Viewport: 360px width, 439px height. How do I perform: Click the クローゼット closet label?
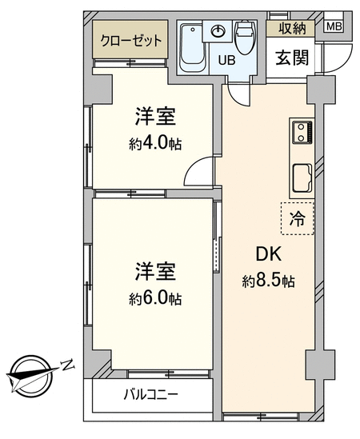point(131,41)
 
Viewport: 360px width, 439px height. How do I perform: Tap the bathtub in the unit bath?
point(192,48)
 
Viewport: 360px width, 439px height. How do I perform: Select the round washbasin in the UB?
point(219,31)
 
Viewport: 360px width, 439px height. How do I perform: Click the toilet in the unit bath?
point(244,37)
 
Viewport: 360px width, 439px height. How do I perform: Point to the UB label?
point(226,60)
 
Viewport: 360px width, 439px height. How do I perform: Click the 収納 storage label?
point(292,28)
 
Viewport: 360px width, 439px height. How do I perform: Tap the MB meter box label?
point(334,26)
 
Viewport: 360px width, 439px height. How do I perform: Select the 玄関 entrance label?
point(292,58)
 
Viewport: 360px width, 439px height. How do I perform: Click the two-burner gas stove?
point(302,132)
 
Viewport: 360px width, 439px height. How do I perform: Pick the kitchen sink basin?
point(302,178)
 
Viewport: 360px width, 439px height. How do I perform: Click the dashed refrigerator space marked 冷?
point(298,218)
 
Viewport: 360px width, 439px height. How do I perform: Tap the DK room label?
point(268,254)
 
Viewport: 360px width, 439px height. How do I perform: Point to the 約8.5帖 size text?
point(268,281)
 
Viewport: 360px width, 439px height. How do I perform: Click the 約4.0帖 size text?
point(155,144)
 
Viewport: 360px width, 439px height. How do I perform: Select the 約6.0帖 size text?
point(155,298)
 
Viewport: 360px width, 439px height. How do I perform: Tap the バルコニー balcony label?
point(151,395)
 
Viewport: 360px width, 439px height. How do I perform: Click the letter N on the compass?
point(67,365)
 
